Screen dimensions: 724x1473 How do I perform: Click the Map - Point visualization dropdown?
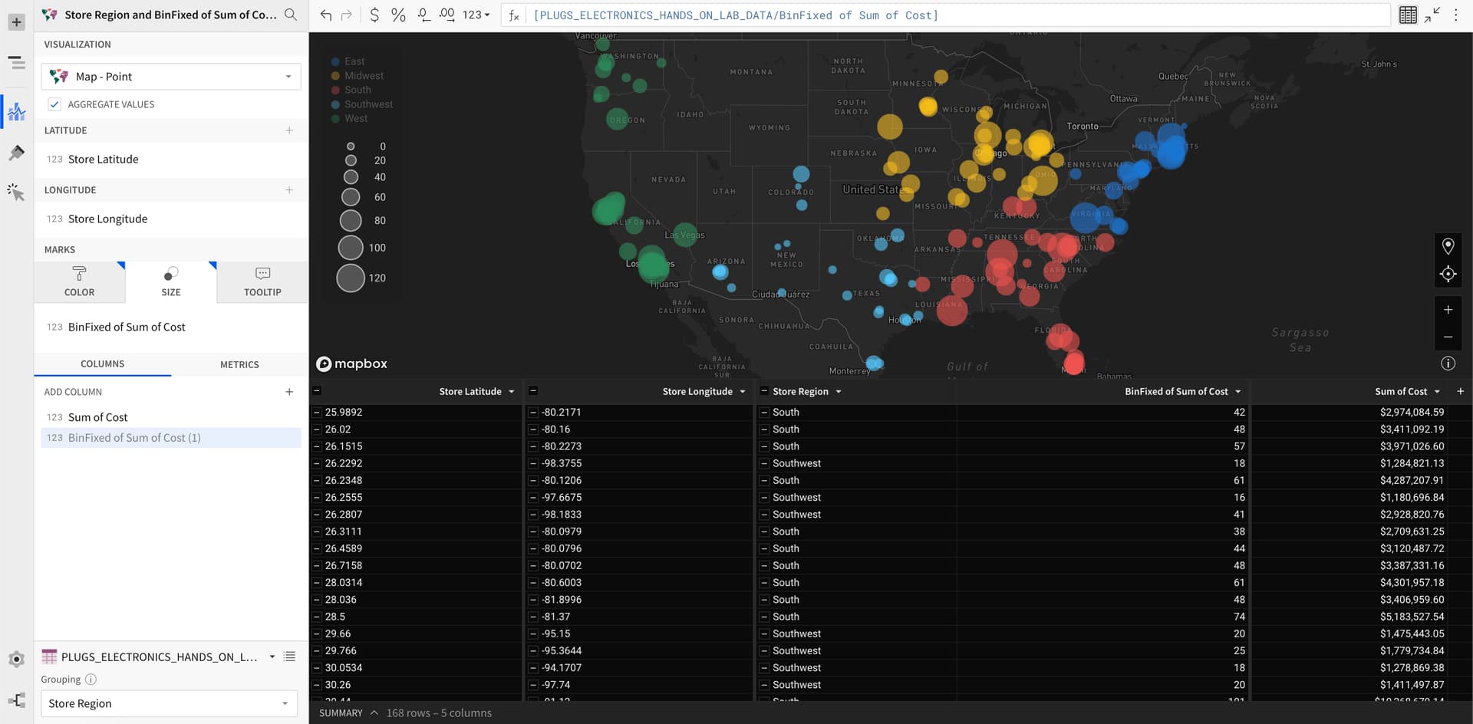(170, 77)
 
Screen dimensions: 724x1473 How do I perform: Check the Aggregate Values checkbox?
(54, 104)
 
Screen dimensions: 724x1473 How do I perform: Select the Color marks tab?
(79, 281)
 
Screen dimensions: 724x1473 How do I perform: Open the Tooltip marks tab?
(262, 281)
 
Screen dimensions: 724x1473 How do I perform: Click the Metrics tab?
(239, 364)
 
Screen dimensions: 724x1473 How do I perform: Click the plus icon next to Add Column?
(289, 392)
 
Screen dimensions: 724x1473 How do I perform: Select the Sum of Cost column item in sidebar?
(97, 417)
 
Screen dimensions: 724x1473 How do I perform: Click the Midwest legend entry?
(364, 76)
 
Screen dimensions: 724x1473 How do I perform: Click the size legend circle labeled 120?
(351, 278)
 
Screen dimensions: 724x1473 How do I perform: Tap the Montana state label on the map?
(751, 72)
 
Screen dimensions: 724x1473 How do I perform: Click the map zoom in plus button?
(1448, 310)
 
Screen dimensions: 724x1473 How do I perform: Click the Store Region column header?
(800, 391)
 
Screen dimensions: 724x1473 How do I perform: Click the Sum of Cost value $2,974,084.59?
(1412, 412)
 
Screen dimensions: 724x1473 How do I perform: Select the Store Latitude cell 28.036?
(341, 600)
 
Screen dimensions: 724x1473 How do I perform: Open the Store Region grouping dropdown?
(169, 703)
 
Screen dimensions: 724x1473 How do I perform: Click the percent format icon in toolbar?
(398, 15)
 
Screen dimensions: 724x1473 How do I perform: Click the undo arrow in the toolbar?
(326, 15)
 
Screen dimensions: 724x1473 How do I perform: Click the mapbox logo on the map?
(352, 364)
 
